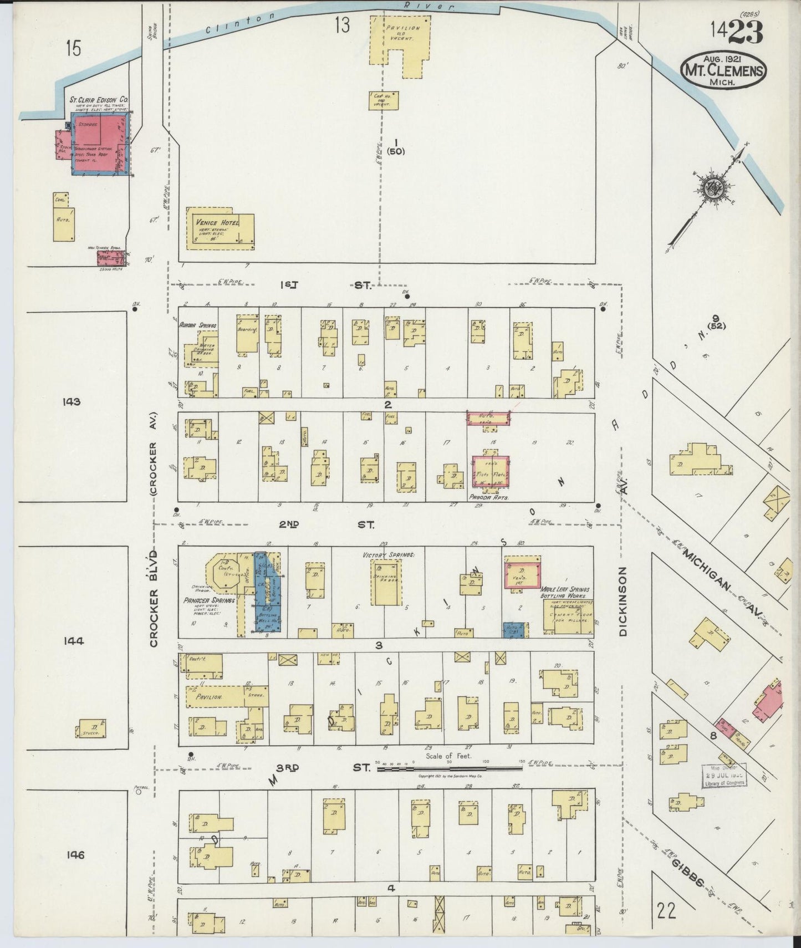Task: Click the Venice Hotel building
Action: [220, 228]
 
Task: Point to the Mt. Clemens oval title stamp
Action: [724, 71]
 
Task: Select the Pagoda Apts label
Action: [489, 497]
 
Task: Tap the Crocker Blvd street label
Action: [155, 599]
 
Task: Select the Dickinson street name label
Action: [623, 602]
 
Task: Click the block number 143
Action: [72, 401]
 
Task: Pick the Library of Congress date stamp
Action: [723, 775]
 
